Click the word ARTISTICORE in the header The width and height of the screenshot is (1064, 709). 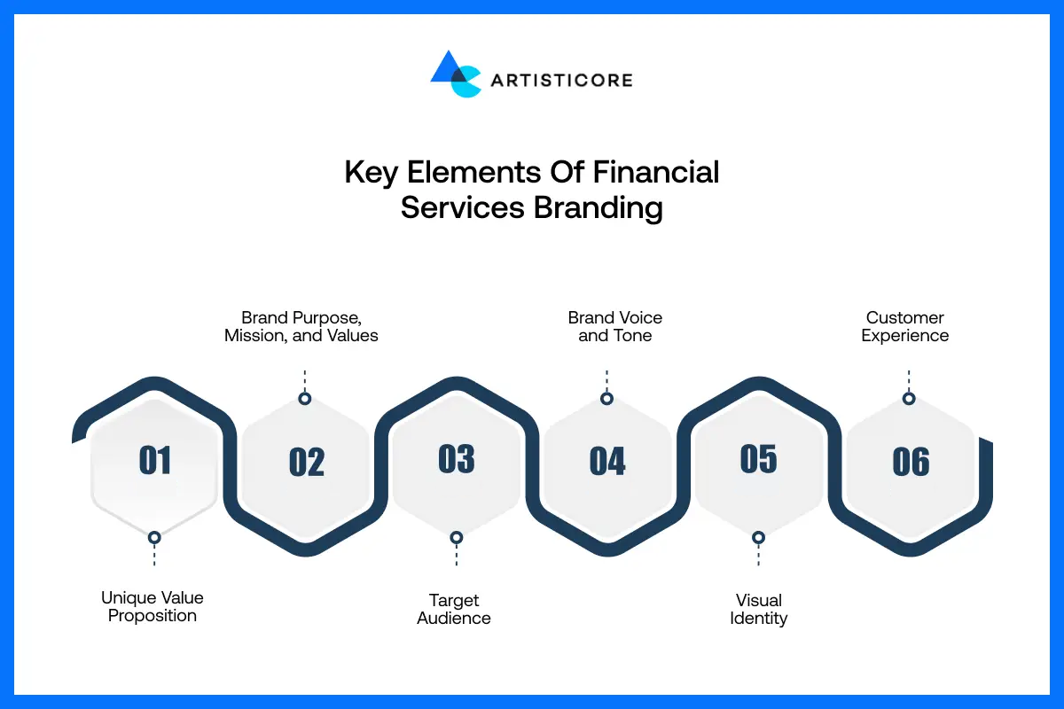click(561, 81)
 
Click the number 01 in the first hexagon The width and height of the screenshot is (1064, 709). click(155, 461)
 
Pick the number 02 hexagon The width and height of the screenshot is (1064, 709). click(307, 463)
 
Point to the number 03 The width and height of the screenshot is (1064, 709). click(457, 459)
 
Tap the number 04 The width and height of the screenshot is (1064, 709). click(607, 462)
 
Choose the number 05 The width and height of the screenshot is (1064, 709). click(758, 459)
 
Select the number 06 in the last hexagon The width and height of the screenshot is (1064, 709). click(911, 462)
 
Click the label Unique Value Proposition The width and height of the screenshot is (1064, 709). click(153, 607)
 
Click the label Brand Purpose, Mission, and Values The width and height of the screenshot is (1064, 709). click(301, 327)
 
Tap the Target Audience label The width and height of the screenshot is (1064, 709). click(454, 610)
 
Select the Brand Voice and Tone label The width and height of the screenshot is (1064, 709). click(615, 327)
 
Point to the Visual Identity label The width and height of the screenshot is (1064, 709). click(759, 610)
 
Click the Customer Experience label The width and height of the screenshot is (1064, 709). click(905, 327)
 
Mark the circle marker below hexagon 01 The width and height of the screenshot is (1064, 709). click(154, 537)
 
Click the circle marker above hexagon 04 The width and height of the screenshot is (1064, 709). click(606, 399)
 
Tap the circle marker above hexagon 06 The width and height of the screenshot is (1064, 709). click(908, 399)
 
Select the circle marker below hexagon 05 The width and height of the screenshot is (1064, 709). click(758, 537)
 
